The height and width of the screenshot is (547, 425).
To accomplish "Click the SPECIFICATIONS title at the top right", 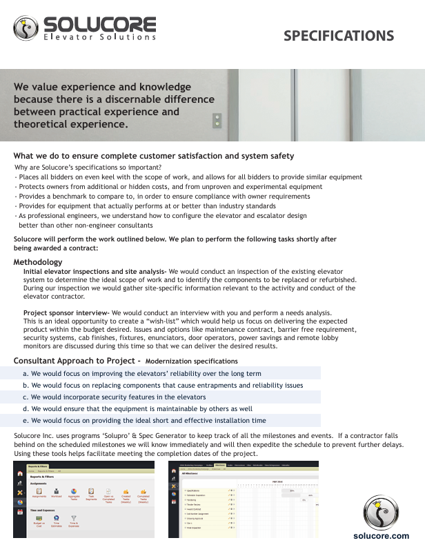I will click(x=339, y=36).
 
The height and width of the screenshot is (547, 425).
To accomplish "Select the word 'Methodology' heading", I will click(x=38, y=262).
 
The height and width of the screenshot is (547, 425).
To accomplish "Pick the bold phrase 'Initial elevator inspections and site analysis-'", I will click(x=95, y=271).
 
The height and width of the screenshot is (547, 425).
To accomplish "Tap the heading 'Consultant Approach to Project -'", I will click(x=77, y=361).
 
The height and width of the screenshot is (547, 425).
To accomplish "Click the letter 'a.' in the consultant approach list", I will click(x=26, y=373).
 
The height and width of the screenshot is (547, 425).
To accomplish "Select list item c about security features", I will click(x=114, y=397).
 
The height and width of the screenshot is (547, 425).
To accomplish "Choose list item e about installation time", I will click(x=144, y=420).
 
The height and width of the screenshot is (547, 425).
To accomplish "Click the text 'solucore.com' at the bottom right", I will click(x=381, y=535).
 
